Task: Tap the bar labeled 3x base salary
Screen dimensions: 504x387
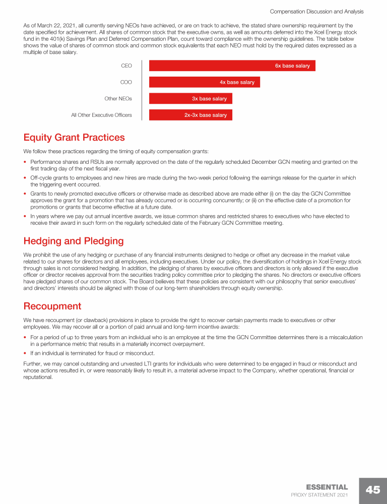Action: tap(190, 99)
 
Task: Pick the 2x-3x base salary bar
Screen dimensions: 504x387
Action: tap(190, 115)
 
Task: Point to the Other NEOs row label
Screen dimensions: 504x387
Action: tap(118, 99)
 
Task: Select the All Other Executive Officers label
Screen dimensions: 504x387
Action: tap(101, 115)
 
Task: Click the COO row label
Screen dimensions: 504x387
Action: tap(126, 82)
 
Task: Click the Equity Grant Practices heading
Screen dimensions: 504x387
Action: tap(74, 138)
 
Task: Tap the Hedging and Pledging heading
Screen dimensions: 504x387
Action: tap(73, 241)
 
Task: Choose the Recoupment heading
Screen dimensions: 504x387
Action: tap(52, 306)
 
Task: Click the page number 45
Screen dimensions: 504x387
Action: tap(373, 490)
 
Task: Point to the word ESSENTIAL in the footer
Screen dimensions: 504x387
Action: tap(327, 487)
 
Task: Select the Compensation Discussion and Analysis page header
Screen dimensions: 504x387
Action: tap(316, 11)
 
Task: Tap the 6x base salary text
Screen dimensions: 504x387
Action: tap(292, 66)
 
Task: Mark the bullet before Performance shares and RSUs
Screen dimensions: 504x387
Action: tap(26, 162)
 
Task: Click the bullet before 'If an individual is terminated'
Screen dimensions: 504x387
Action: tap(26, 353)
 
